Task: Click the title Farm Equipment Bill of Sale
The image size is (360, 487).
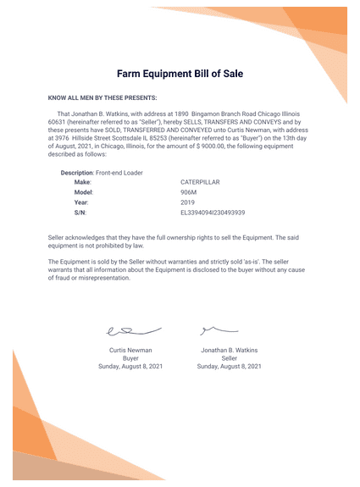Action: point(180,74)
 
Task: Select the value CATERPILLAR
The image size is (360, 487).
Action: point(200,182)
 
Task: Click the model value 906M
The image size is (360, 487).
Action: point(189,192)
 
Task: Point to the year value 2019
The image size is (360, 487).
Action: point(187,202)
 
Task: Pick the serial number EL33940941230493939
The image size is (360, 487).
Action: point(213,213)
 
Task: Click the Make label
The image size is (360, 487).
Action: point(83,182)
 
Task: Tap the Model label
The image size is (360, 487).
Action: point(84,192)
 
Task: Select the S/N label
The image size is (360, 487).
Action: point(80,213)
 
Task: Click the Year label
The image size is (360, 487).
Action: point(81,202)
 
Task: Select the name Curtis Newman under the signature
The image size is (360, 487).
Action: point(130,350)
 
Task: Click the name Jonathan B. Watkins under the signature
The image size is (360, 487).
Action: point(229,350)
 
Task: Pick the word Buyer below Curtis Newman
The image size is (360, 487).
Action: point(130,358)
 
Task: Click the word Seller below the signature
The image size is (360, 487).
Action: point(229,358)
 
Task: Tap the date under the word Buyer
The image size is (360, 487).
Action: point(130,367)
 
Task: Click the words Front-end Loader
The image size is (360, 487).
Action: point(119,173)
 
